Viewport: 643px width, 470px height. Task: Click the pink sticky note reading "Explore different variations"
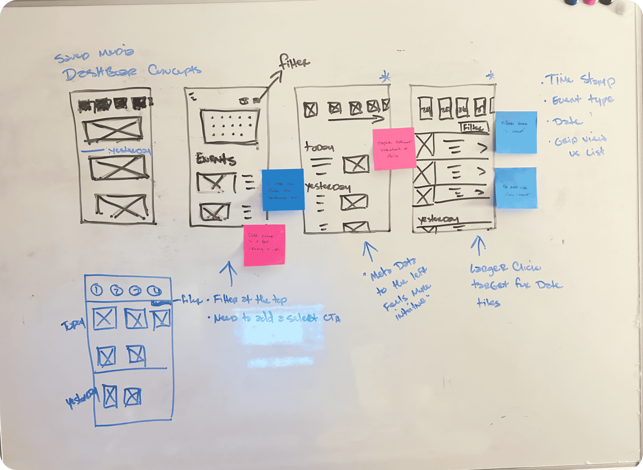coord(394,149)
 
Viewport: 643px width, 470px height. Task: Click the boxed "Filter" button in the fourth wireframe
coord(474,127)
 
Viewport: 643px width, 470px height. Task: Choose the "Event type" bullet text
coord(582,100)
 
